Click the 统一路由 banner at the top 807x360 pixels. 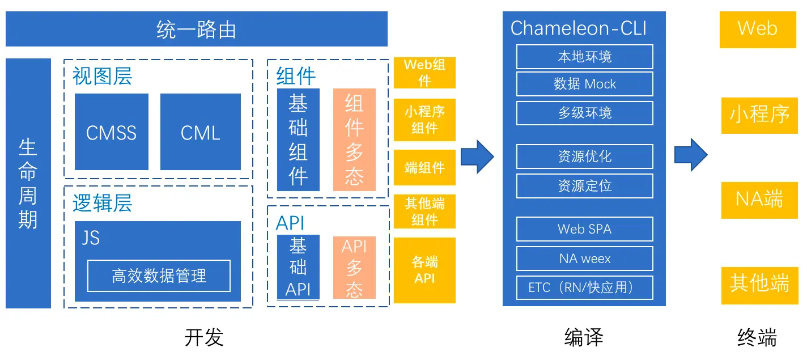click(196, 29)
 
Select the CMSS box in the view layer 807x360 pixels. click(111, 132)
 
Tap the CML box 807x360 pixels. click(200, 132)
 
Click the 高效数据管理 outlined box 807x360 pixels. click(159, 276)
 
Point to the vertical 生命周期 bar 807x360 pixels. click(28, 183)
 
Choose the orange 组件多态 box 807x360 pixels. click(354, 139)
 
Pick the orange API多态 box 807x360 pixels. click(354, 268)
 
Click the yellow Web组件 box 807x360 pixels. click(424, 73)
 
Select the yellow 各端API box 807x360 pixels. click(424, 270)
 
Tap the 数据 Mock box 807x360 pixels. click(584, 84)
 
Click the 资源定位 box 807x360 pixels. click(584, 186)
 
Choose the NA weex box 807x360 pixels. click(584, 259)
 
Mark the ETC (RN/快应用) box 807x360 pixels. click(584, 287)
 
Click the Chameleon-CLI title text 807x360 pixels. click(579, 28)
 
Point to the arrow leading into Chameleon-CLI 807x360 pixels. click(477, 157)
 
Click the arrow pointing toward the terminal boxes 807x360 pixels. click(691, 155)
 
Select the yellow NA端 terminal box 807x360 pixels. click(759, 200)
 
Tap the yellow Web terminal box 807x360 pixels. click(758, 29)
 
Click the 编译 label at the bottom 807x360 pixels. click(584, 337)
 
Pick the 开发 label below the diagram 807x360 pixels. click(204, 337)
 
